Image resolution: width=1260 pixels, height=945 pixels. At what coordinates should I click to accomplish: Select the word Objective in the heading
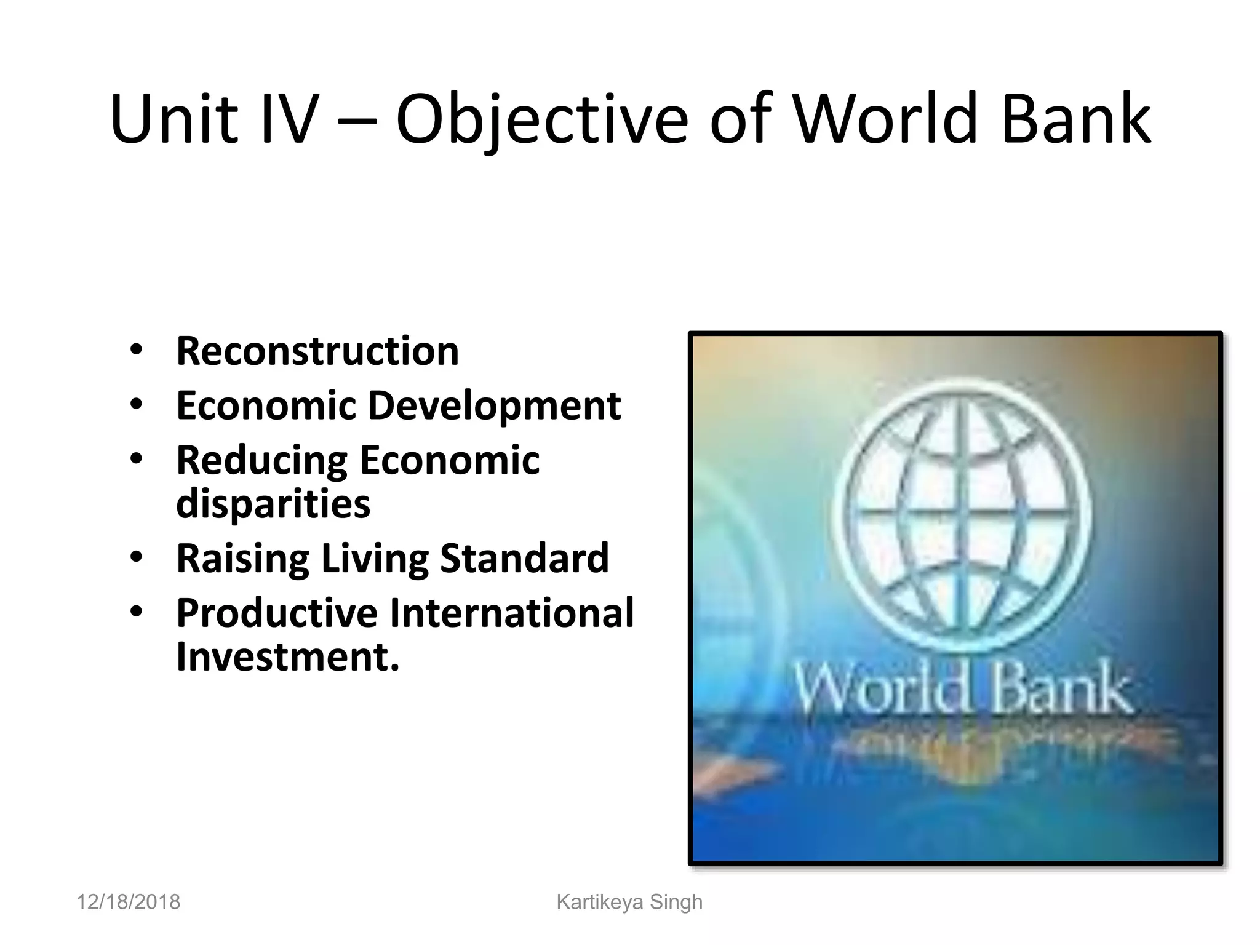[x=541, y=120]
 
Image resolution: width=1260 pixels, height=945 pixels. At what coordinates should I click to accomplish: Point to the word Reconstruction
[x=317, y=351]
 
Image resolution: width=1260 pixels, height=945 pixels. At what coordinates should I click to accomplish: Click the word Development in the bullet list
[x=494, y=406]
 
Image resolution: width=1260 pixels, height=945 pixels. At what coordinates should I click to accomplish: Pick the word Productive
[x=277, y=613]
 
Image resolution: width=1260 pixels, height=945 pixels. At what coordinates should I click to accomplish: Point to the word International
[x=512, y=613]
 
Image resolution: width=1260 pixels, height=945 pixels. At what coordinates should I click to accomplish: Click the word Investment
[x=288, y=656]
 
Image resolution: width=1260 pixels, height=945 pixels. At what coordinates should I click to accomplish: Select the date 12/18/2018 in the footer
[x=128, y=902]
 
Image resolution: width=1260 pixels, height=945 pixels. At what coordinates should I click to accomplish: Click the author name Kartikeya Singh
[x=629, y=902]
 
